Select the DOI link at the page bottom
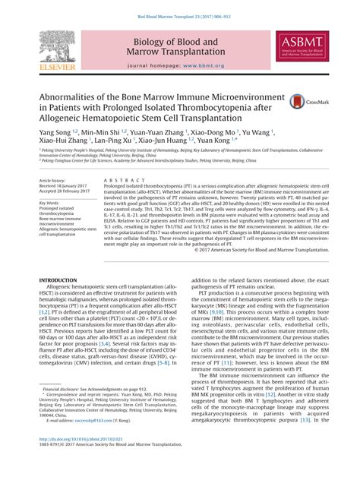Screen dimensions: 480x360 pyautogui.click(x=78, y=460)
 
